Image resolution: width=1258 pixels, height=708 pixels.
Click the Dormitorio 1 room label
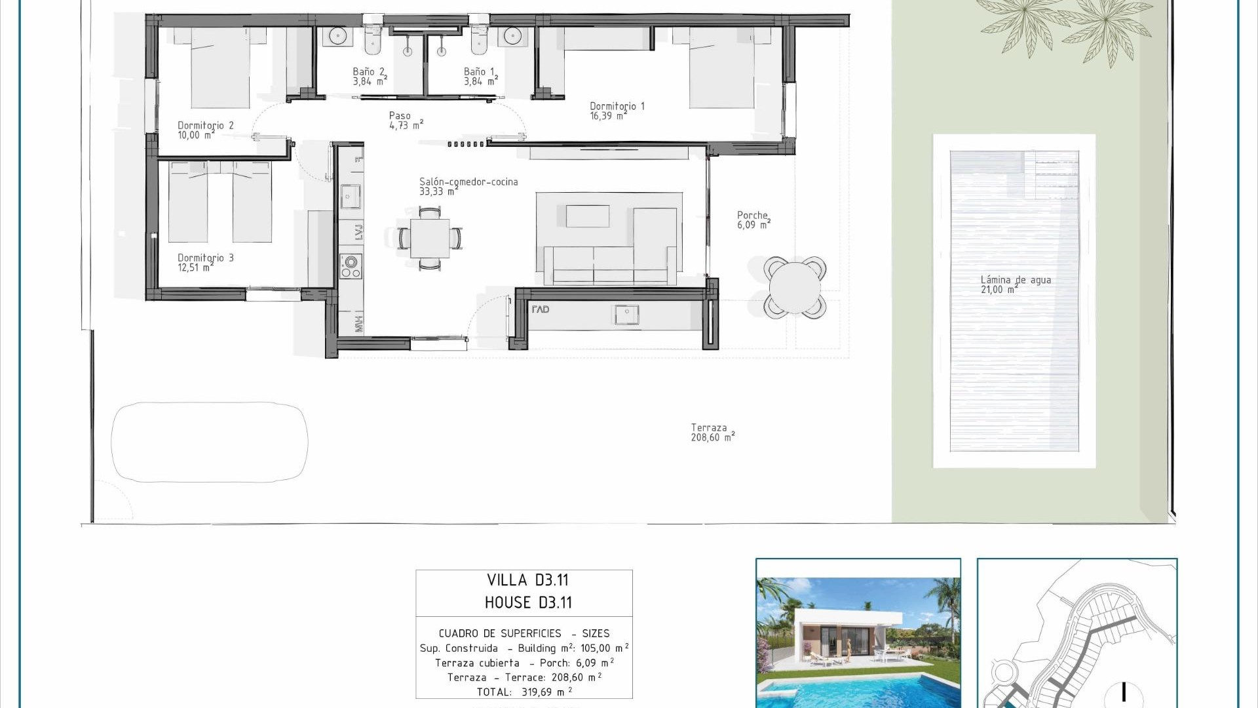point(617,111)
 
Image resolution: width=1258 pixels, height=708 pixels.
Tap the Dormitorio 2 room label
point(205,130)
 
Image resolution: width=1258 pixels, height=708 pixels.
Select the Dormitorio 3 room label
point(205,262)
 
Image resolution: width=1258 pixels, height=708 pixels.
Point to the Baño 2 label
point(370,76)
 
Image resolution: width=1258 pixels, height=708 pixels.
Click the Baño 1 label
point(480,76)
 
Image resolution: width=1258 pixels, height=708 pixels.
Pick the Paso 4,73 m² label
point(406,121)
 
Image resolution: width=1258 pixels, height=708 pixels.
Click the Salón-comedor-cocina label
point(468,186)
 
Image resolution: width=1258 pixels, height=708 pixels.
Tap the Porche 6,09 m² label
point(753,220)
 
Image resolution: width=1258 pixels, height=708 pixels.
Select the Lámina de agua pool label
point(1015,285)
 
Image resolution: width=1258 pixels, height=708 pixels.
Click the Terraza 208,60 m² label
point(712,433)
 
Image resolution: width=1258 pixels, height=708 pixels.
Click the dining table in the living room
point(430,239)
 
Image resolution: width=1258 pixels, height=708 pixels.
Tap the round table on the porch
point(795,286)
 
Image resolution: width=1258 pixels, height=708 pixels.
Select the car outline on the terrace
point(210,442)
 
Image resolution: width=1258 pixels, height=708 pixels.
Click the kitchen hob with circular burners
point(351,266)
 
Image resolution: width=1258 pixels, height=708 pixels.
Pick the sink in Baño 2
point(337,36)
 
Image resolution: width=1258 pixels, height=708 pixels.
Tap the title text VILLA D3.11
point(527,580)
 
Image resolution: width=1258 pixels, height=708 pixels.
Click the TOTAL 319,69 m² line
point(524,692)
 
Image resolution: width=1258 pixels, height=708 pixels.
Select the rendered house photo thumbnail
point(858,633)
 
